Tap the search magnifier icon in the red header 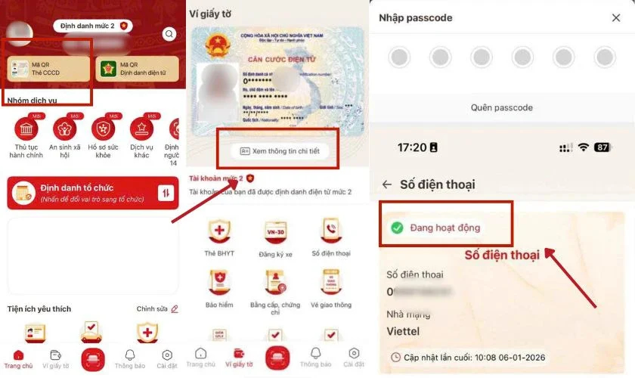point(169,33)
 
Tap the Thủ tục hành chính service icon point(26,129)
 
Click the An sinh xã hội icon point(64,129)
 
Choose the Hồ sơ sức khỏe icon point(103,129)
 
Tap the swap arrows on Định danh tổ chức point(166,193)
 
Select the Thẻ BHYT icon point(219,231)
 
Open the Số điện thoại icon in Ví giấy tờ point(330,231)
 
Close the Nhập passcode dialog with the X point(615,17)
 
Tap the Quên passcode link point(501,107)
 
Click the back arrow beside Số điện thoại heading point(386,184)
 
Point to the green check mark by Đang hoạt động point(396,227)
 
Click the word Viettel point(402,331)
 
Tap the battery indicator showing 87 point(602,147)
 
